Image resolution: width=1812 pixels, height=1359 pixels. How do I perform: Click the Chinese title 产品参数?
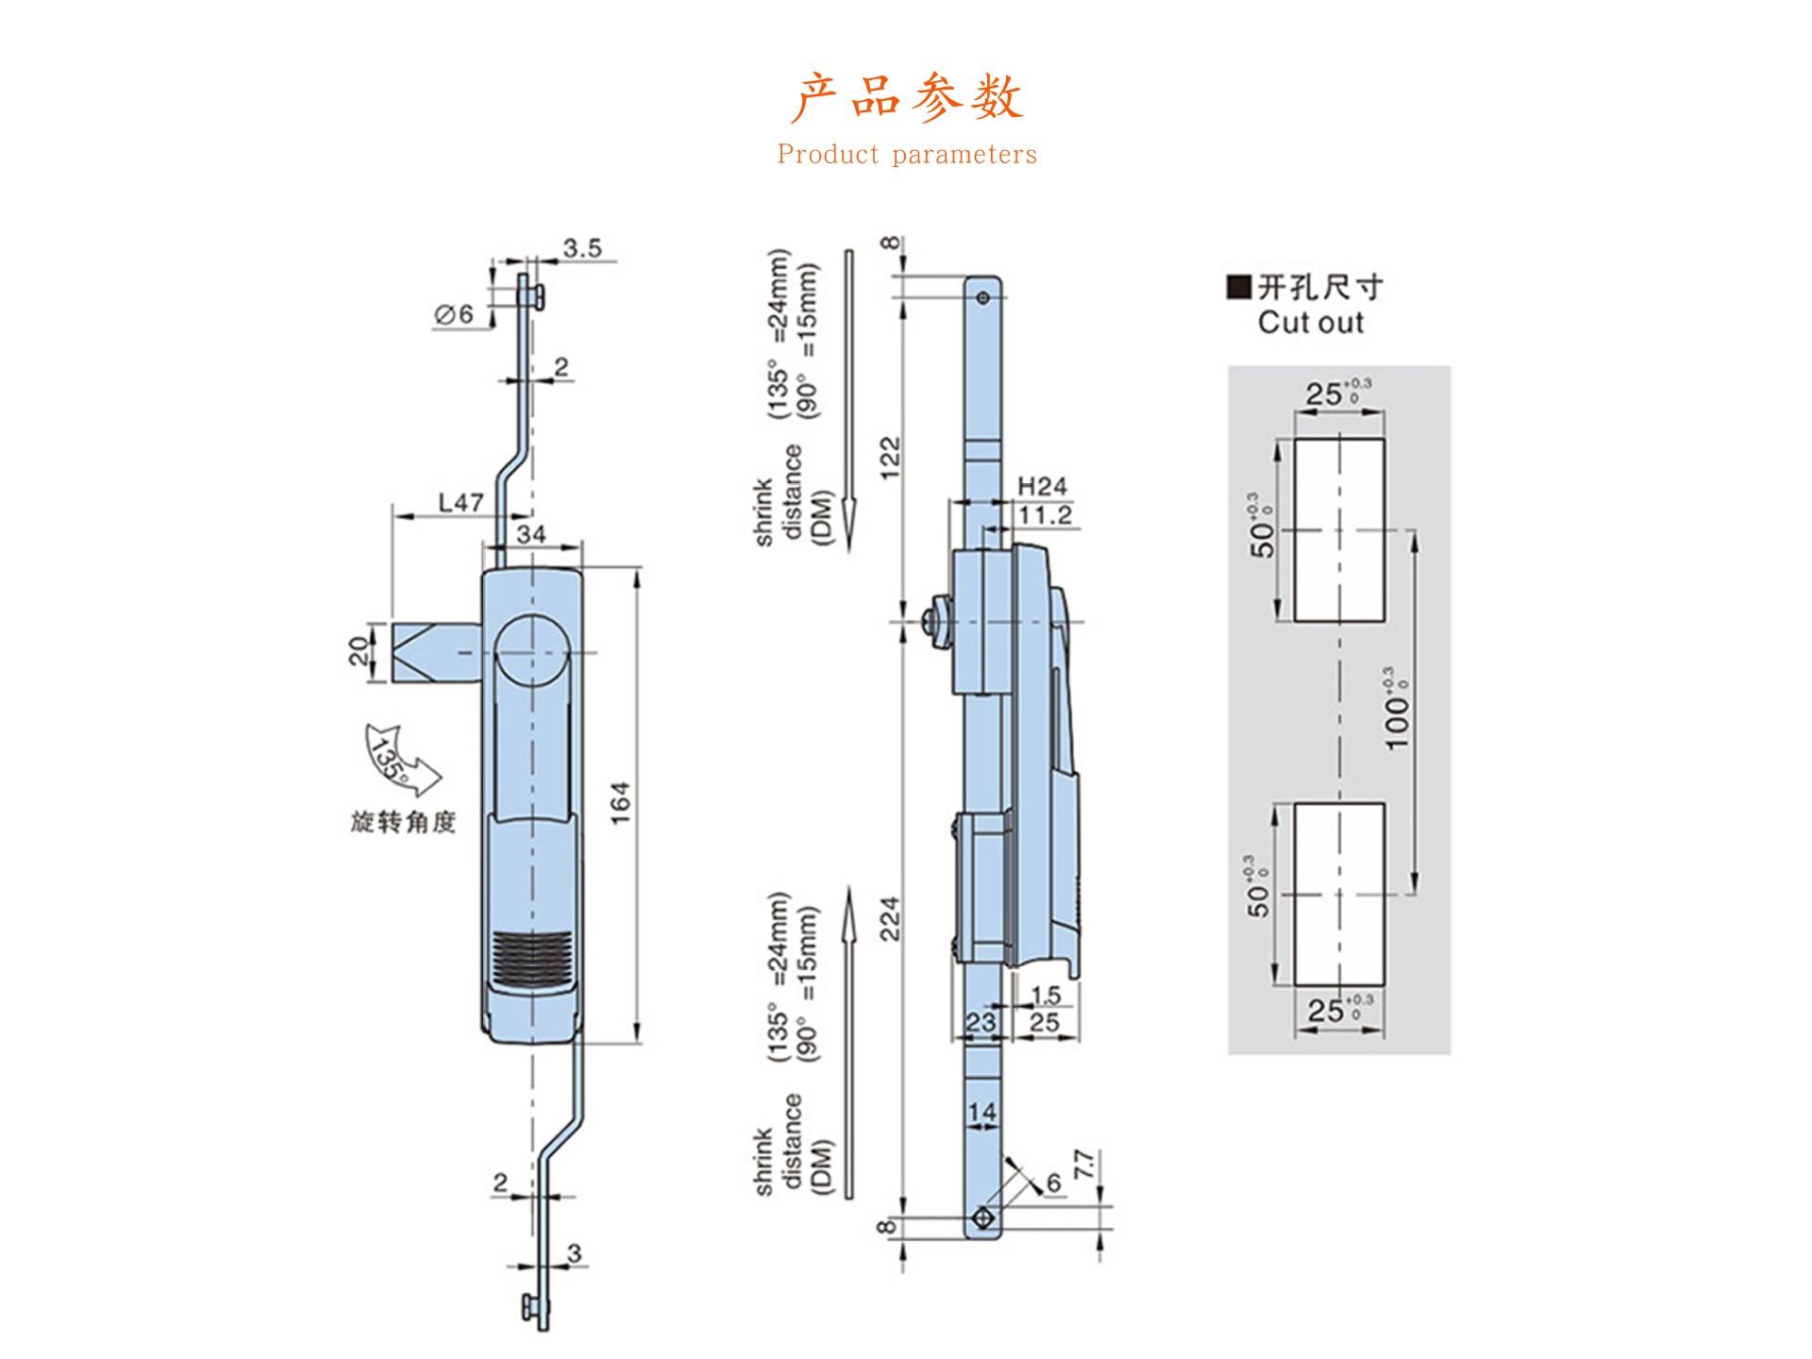[x=906, y=97]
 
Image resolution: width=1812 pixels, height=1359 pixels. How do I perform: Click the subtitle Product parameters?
[x=906, y=155]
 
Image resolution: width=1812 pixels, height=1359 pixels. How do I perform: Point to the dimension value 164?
[x=620, y=802]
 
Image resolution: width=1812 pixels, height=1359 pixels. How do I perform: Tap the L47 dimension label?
[x=461, y=502]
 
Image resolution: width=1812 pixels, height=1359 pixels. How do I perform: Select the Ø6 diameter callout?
[x=454, y=314]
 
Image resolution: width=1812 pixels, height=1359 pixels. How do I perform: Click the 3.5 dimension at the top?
[x=582, y=248]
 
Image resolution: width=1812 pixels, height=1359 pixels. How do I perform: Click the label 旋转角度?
[x=403, y=822]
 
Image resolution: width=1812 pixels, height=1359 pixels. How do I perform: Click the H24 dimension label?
[x=1042, y=486]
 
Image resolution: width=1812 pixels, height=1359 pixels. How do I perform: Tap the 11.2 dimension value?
[x=1046, y=514]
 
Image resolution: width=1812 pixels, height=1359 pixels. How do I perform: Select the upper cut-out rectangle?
[x=1339, y=529]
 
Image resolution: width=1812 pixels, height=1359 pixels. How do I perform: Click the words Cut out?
[x=1311, y=322]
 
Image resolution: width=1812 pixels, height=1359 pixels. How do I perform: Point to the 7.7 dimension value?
[x=1083, y=1164]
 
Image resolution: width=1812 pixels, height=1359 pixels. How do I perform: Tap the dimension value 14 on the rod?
[x=981, y=1112]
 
